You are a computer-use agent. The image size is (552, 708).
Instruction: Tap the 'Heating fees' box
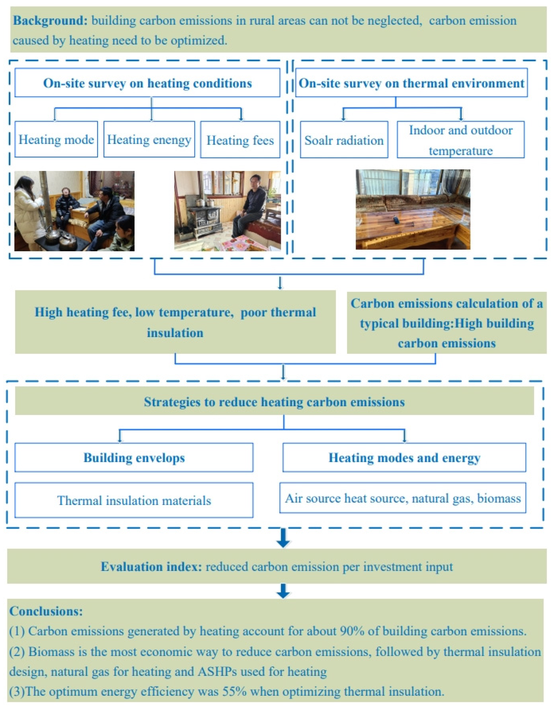pos(240,140)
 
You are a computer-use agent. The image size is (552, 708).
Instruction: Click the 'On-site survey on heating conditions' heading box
pos(147,83)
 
